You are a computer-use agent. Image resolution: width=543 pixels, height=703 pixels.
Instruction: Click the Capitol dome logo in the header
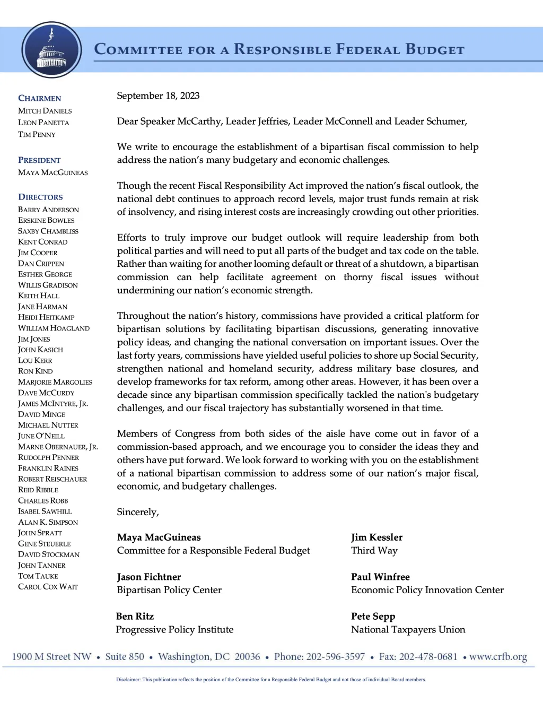point(51,50)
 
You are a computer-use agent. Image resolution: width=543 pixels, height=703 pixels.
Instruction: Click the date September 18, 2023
point(158,96)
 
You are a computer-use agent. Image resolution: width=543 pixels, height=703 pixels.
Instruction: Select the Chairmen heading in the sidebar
point(40,98)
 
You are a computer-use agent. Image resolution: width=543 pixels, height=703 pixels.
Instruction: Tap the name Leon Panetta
point(43,123)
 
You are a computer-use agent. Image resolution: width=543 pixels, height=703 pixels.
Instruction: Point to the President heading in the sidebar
point(39,160)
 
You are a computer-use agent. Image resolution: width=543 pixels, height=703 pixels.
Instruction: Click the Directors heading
point(40,197)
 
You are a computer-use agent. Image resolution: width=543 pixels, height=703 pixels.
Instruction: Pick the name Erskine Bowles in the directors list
point(46,220)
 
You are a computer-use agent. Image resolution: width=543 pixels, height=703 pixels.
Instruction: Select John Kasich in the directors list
point(40,350)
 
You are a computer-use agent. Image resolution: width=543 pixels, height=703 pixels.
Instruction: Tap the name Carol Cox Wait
point(48,587)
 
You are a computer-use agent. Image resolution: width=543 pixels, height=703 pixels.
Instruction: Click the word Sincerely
point(137,512)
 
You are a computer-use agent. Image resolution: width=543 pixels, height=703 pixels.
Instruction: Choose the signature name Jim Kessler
point(376,537)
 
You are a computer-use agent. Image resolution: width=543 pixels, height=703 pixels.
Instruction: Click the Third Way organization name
point(374,551)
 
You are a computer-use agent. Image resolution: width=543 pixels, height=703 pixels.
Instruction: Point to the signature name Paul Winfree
point(380,577)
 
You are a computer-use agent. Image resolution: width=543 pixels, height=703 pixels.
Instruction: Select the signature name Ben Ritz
point(135,616)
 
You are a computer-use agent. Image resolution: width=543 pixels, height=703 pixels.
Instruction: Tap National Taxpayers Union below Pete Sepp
point(408,630)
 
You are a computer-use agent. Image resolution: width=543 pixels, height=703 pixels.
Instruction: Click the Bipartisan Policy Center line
point(169,590)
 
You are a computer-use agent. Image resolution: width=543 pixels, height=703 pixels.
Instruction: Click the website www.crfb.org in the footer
point(498,657)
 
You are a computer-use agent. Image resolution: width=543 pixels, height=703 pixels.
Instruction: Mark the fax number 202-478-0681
point(428,657)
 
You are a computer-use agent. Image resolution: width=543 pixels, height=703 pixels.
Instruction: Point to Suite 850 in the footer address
point(125,657)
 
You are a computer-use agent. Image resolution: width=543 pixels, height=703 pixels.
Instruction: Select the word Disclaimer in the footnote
point(128,680)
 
